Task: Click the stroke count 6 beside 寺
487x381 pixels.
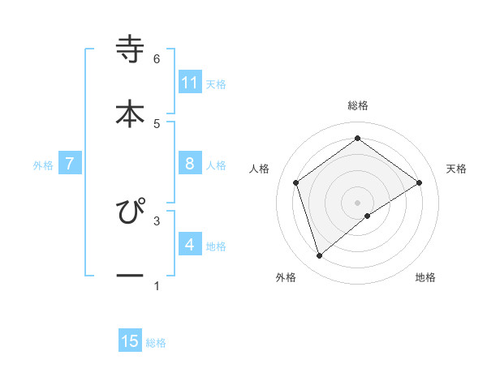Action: point(157,59)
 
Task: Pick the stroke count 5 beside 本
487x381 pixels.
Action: point(157,123)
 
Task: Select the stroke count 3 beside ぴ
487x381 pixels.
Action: point(157,220)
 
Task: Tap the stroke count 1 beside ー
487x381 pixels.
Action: point(157,286)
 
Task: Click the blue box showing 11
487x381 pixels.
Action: point(190,82)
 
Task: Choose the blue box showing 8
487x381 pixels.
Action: point(190,164)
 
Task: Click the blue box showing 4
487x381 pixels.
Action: point(190,244)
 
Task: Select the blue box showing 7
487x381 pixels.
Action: point(70,164)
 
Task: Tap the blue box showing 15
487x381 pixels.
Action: point(130,341)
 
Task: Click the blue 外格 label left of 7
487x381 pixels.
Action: point(43,165)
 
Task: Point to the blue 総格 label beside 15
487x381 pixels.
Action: point(156,343)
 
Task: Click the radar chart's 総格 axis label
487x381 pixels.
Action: point(358,105)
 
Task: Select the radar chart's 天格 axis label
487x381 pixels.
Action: point(457,169)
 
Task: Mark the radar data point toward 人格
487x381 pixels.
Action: point(296,182)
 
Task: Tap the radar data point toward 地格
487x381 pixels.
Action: point(368,216)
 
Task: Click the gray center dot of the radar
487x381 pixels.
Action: point(358,202)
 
